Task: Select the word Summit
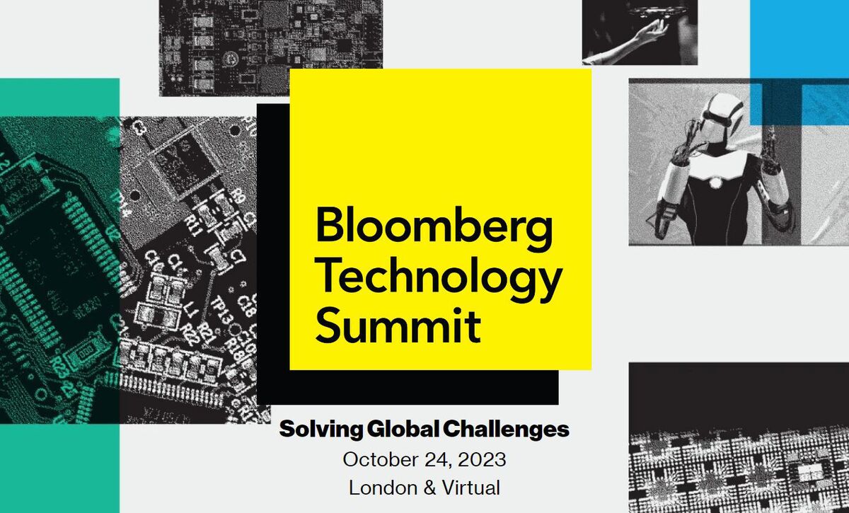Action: pyautogui.click(x=398, y=325)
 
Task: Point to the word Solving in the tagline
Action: pyautogui.click(x=320, y=430)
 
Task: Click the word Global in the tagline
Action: pyautogui.click(x=403, y=429)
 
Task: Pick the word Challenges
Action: pyautogui.click(x=506, y=430)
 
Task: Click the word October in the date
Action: pyautogui.click(x=381, y=459)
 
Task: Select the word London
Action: pyautogui.click(x=383, y=488)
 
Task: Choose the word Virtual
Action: pyautogui.click(x=470, y=488)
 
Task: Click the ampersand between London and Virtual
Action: pyautogui.click(x=429, y=488)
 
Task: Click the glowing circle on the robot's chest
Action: pyautogui.click(x=715, y=183)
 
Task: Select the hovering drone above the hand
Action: pyautogui.click(x=657, y=11)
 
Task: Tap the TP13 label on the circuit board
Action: pyautogui.click(x=220, y=311)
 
